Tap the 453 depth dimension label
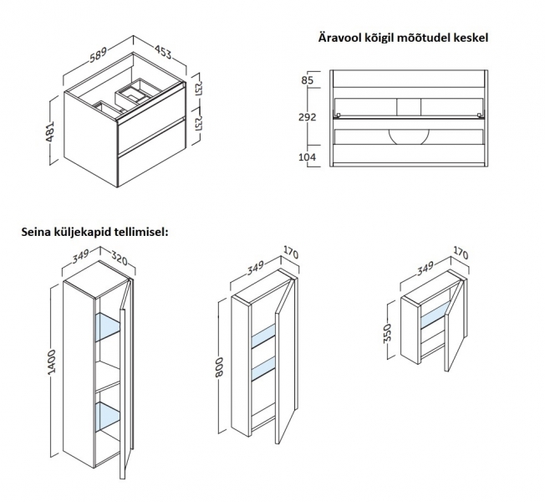tap(163, 52)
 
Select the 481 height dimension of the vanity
tap(51, 131)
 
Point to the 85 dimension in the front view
tap(308, 80)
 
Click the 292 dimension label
tap(308, 117)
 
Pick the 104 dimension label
tap(308, 157)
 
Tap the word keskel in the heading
tap(471, 38)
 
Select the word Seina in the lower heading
tap(36, 232)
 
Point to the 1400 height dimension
tap(52, 361)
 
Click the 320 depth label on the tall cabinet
tap(120, 258)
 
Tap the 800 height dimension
tap(219, 367)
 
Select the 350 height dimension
tap(388, 333)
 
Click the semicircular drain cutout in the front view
tap(409, 137)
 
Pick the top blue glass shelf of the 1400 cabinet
tap(107, 326)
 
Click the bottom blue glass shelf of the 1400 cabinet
tap(107, 416)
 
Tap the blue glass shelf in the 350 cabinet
tap(435, 315)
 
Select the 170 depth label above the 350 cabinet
tap(461, 253)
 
